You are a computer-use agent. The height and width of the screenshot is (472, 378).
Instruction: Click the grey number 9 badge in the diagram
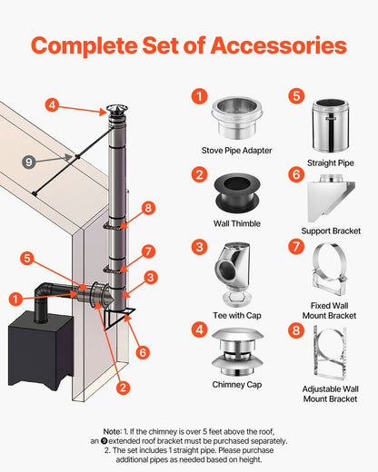coord(29,162)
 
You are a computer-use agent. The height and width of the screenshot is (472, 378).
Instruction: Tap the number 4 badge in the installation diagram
coord(53,105)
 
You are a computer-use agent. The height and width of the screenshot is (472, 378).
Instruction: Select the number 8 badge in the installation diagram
coord(148,208)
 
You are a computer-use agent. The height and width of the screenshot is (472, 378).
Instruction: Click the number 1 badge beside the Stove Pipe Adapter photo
coord(199,95)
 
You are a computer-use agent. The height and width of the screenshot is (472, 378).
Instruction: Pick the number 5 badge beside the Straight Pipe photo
coord(295,95)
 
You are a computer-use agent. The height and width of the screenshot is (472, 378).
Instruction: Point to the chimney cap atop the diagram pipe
coord(116,113)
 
